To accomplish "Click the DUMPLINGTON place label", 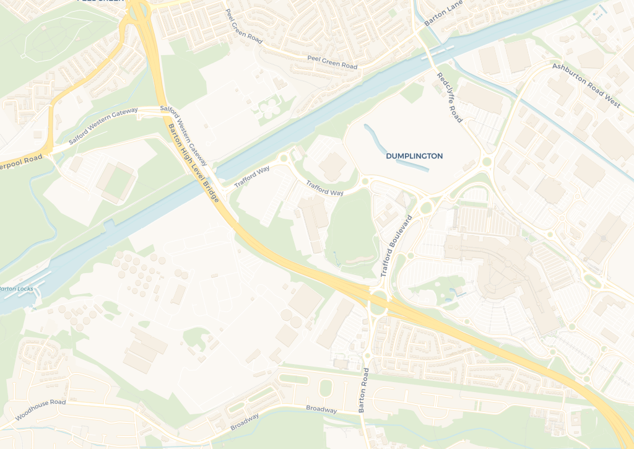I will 414,156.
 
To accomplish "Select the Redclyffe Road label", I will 449,97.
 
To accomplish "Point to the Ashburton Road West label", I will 586,85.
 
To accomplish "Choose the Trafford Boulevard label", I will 396,245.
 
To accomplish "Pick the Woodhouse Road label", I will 40,410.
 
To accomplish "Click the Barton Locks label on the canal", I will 17,289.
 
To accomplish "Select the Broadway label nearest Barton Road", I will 321,409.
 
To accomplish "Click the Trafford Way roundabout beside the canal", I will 284,159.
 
